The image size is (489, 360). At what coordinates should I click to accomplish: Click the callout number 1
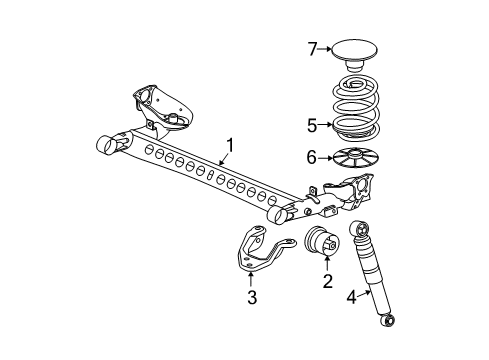coord(230,147)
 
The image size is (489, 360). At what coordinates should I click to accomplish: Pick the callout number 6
coord(312,157)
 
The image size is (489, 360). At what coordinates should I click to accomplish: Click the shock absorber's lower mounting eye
coord(392,321)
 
